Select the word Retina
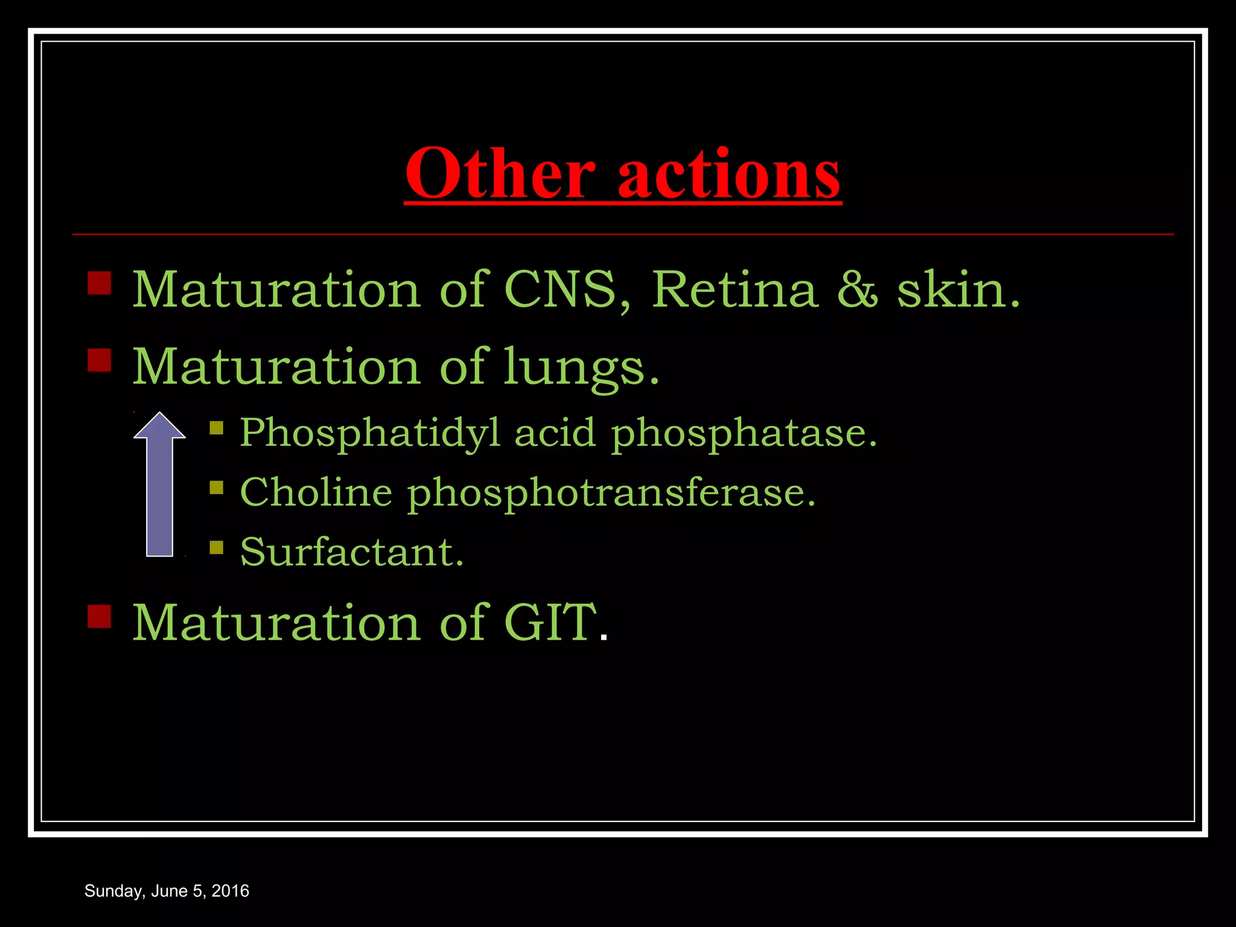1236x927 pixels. click(734, 290)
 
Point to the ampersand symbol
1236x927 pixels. click(857, 290)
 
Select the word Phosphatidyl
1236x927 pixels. click(370, 433)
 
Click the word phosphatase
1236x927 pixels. click(744, 433)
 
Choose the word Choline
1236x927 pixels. click(316, 492)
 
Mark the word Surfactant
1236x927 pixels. click(351, 552)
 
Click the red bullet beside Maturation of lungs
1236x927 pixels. click(100, 360)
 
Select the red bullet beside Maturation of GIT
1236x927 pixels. click(100, 616)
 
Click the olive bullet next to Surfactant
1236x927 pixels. click(216, 547)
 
